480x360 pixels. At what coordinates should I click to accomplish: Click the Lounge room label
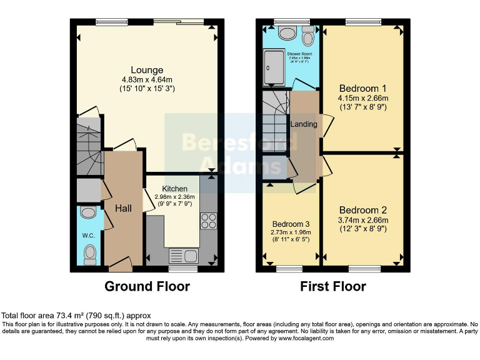(x=147, y=70)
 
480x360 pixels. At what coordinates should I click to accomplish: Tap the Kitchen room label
(x=174, y=188)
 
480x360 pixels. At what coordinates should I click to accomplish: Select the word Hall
(x=123, y=207)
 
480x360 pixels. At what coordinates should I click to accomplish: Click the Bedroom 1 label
(x=362, y=88)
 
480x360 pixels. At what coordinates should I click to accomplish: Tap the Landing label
(x=304, y=124)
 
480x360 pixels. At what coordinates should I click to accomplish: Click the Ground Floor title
(x=147, y=286)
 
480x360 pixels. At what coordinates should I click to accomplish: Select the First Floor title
(x=334, y=286)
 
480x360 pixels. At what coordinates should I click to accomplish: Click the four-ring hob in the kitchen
(x=207, y=221)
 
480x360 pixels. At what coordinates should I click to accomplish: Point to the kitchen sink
(x=183, y=255)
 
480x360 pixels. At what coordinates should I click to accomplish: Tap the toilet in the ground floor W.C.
(x=90, y=253)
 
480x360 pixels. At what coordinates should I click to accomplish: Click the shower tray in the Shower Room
(x=274, y=67)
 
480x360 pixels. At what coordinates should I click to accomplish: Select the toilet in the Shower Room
(x=307, y=37)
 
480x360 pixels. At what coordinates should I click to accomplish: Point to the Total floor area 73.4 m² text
(x=76, y=316)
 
